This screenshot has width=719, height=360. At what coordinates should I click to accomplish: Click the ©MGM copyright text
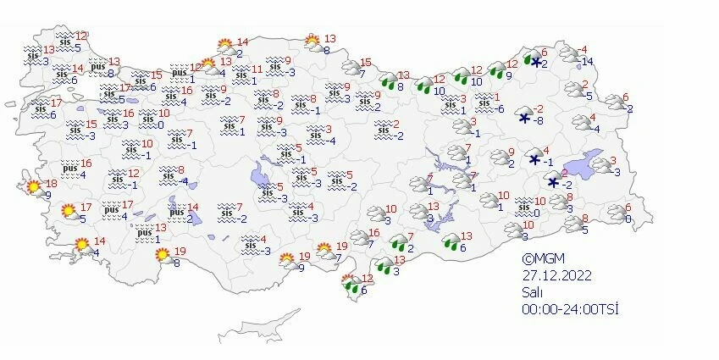point(542,259)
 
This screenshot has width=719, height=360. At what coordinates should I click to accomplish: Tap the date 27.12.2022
point(555,274)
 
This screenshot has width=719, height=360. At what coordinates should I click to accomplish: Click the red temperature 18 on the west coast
point(51,184)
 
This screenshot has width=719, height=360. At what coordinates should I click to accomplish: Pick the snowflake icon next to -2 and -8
point(525,118)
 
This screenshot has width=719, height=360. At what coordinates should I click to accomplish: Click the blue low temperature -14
point(587,60)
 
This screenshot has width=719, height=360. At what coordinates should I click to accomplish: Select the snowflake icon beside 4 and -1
point(535,158)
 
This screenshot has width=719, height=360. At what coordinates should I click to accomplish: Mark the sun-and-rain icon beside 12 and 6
point(347,282)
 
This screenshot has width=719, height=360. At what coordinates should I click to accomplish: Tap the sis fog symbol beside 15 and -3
point(73,130)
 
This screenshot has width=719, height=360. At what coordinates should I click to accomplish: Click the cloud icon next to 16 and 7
point(356,238)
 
